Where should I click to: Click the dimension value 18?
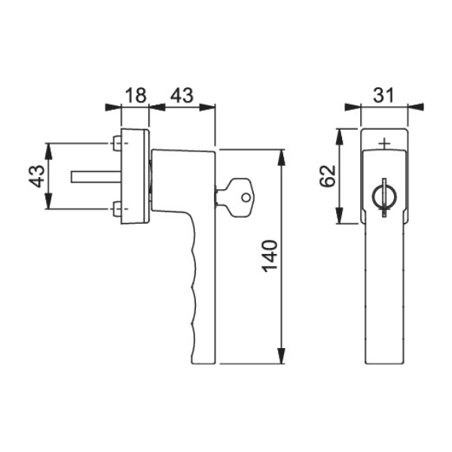click(136, 95)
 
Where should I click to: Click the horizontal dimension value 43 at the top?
click(182, 95)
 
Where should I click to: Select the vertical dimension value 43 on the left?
click(38, 176)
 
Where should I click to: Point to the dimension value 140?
click(270, 256)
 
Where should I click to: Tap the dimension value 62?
click(328, 176)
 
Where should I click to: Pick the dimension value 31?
click(383, 95)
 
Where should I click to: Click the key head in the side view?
click(242, 197)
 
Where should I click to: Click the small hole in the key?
click(246, 197)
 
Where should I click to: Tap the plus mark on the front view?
click(384, 143)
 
